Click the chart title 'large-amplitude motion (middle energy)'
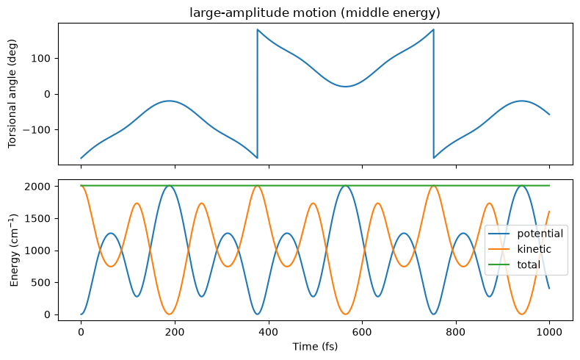(315, 13)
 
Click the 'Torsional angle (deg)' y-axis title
(12, 93)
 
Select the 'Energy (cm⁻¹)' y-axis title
(14, 250)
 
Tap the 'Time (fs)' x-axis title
(315, 347)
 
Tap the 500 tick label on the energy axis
(42, 283)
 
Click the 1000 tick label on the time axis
(549, 332)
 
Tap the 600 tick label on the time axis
(362, 332)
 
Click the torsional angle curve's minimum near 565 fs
(345, 87)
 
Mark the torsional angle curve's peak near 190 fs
(169, 101)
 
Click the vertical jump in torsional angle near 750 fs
(433, 93)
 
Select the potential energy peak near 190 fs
(169, 185)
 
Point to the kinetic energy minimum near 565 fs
(345, 314)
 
